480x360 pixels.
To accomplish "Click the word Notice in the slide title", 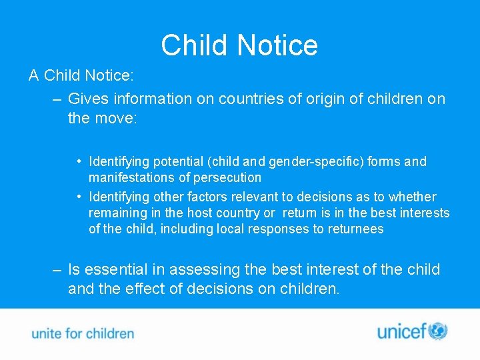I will point(277,45).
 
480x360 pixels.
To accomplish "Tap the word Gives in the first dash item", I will point(89,99).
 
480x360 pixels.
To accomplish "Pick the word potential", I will point(178,161).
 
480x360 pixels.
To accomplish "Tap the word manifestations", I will point(131,177).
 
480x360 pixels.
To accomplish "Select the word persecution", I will point(229,177).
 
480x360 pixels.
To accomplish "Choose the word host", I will point(198,213).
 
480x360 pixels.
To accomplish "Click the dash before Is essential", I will point(58,269).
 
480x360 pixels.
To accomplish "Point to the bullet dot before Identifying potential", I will point(79,161).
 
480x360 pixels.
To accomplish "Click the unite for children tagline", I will point(83,333).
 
